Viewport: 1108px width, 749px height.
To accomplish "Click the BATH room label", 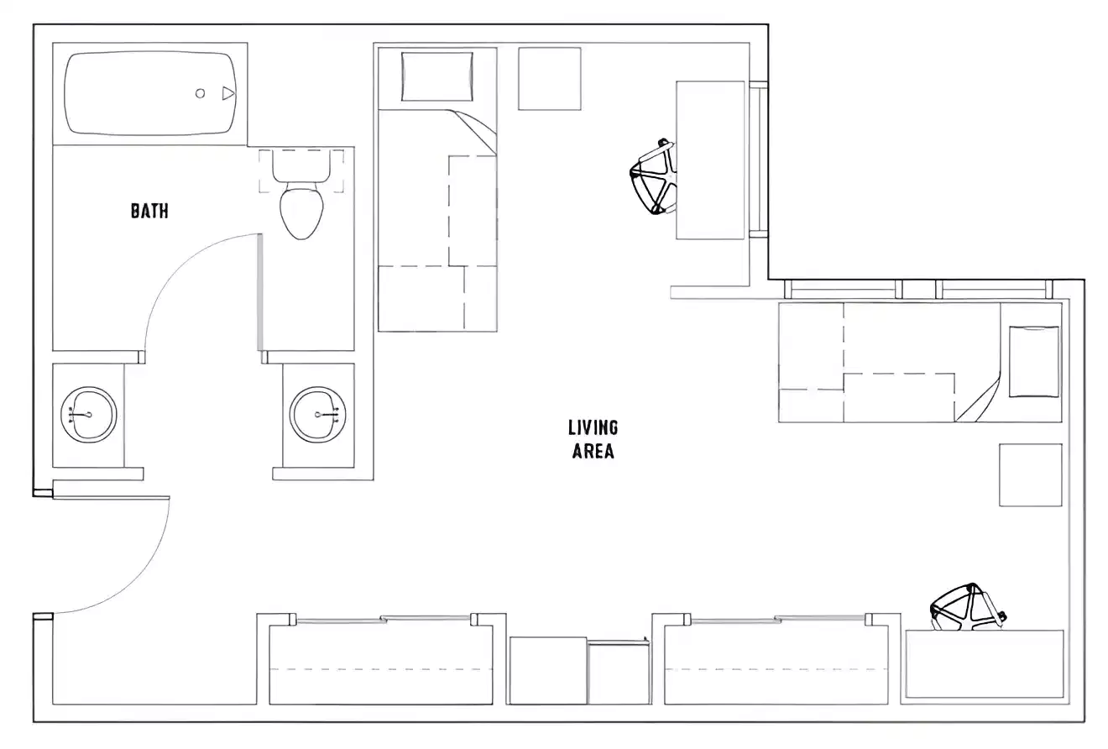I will [x=149, y=211].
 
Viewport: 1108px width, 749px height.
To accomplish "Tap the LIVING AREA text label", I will [x=593, y=440].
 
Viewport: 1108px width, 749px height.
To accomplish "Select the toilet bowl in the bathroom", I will [x=301, y=212].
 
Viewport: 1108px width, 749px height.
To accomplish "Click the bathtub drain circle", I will [x=201, y=93].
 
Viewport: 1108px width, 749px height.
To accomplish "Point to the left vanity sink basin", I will [x=89, y=413].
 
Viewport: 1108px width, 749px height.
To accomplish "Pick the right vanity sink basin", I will [x=318, y=413].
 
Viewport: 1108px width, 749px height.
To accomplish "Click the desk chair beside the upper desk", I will [x=654, y=177].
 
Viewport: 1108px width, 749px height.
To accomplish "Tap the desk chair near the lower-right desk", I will [x=965, y=606].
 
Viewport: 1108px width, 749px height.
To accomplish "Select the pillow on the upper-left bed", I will [x=436, y=76].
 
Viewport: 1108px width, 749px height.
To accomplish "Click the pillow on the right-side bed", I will [x=1034, y=362].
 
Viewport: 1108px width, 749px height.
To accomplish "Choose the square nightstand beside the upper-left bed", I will [x=550, y=79].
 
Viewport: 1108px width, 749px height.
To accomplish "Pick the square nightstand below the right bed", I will [x=1030, y=475].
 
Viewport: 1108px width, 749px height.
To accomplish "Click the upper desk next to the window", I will [x=710, y=160].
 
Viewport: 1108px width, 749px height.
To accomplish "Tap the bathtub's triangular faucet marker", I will [x=227, y=93].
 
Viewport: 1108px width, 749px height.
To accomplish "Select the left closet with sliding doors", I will [x=380, y=663].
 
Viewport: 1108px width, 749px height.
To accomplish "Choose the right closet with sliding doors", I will [x=776, y=663].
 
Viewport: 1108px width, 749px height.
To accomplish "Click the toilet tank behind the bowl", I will [x=301, y=170].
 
